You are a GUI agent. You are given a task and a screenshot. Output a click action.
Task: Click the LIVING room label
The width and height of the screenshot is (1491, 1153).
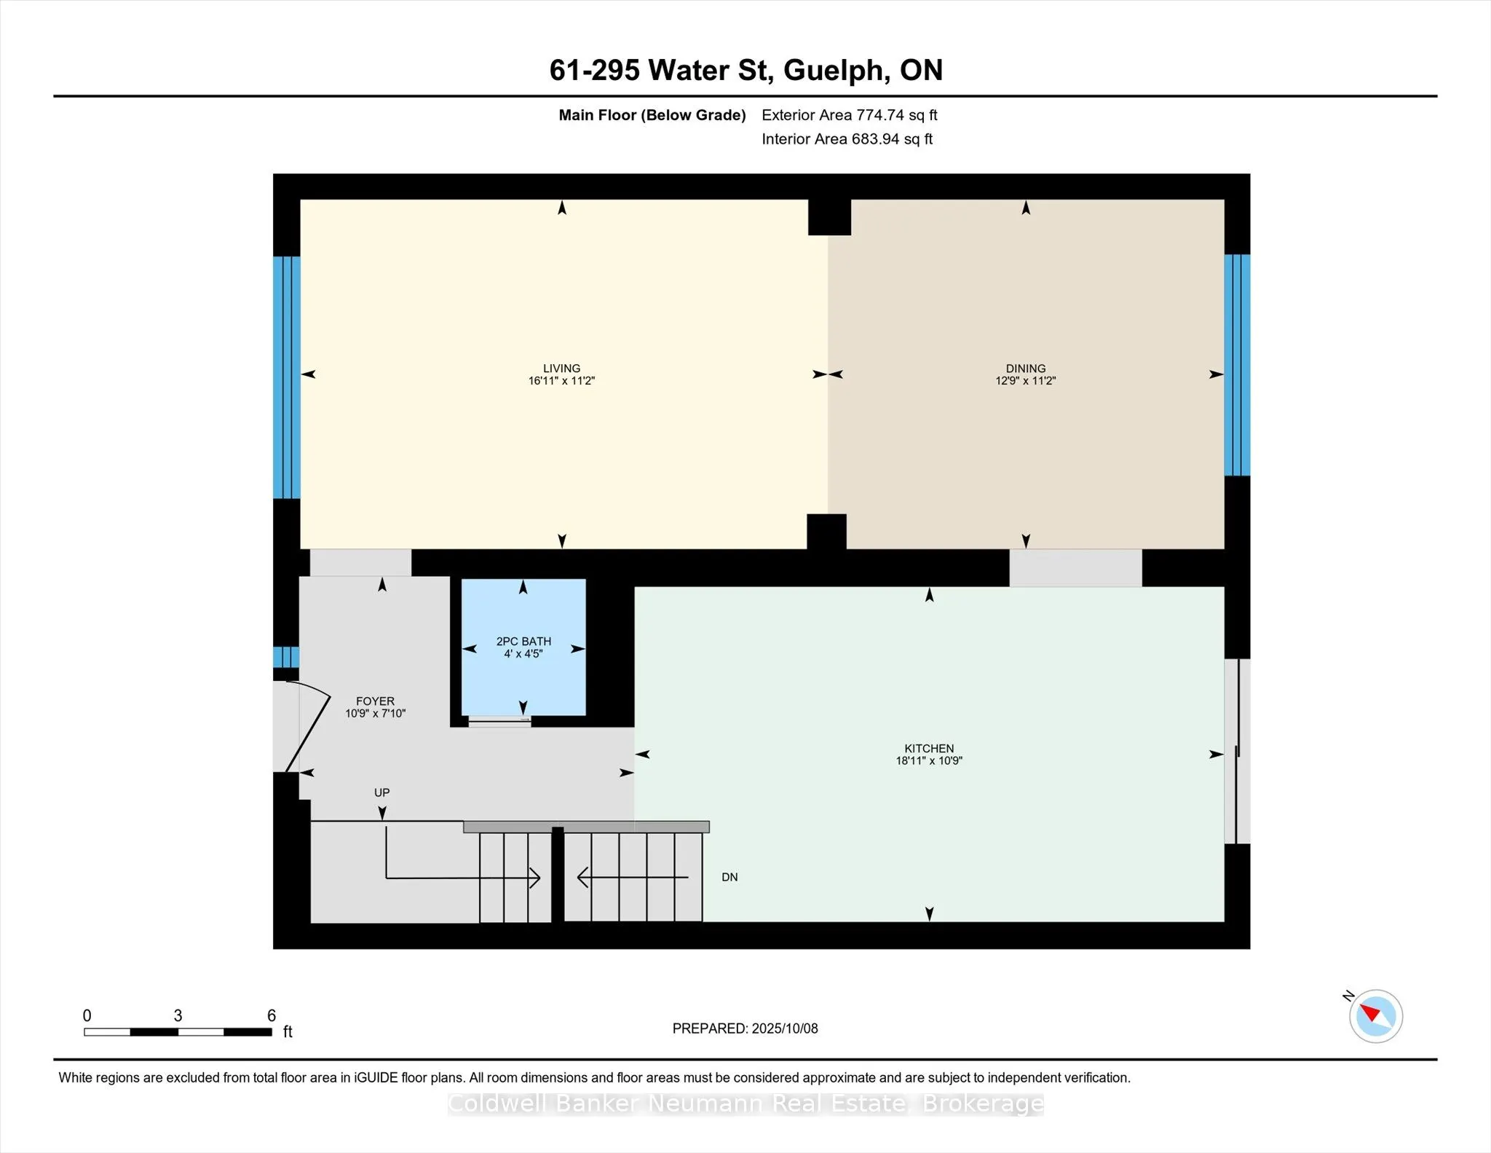point(561,369)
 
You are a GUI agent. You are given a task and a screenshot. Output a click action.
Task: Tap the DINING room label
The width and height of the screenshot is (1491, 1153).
point(1026,369)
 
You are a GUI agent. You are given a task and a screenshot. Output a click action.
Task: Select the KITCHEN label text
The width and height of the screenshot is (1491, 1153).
point(929,749)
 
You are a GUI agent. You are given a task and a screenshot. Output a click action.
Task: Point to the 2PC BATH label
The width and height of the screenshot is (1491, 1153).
point(523,642)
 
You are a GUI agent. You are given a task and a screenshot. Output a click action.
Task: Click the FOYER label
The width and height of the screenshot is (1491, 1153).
point(375,702)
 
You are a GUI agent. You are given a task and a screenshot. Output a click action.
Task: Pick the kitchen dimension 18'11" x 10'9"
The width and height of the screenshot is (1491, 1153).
point(929,761)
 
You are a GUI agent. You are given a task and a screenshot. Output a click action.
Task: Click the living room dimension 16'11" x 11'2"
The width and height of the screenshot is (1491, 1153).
point(561,381)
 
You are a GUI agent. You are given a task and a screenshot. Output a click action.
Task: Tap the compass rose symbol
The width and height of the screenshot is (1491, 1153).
point(1375,1015)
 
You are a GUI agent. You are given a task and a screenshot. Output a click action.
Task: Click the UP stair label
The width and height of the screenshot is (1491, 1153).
point(381,792)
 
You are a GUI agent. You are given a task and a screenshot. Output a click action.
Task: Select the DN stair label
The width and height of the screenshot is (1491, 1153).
point(729,878)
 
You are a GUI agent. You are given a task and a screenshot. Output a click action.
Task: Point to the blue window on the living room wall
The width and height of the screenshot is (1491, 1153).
point(287,377)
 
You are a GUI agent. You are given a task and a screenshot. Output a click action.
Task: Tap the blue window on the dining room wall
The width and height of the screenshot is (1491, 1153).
point(1237,365)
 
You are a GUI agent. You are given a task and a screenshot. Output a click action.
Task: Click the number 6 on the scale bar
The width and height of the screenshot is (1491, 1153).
point(272,1015)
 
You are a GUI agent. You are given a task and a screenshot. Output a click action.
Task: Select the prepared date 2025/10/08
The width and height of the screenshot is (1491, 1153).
point(785,1028)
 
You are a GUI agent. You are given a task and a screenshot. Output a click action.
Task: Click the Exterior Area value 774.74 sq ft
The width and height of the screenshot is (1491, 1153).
point(897,115)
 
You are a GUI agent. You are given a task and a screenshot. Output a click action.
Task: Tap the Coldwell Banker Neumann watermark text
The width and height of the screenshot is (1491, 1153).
point(745,1104)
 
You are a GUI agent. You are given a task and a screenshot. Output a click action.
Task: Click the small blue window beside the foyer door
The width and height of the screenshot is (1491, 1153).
point(286,657)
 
